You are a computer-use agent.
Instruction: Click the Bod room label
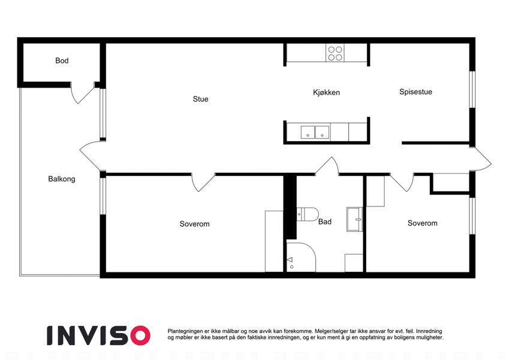[62, 61]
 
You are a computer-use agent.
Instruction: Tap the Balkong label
[62, 179]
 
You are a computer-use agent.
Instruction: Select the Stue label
[201, 99]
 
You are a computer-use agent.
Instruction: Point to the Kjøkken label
[326, 92]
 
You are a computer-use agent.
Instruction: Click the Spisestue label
[415, 92]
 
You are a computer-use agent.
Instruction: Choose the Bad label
[324, 221]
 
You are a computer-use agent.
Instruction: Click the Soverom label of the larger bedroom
[194, 224]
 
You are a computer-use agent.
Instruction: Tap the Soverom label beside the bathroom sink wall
[422, 223]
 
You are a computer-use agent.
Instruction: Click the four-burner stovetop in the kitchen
[335, 53]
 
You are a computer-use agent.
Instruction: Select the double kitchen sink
[315, 133]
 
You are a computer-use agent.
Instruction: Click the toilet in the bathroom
[307, 214]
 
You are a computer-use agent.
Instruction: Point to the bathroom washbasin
[354, 220]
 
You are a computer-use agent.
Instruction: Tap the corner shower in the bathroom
[301, 257]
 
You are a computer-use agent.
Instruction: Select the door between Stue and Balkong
[91, 155]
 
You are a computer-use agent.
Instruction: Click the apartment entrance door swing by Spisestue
[481, 159]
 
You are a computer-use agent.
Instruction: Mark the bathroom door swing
[327, 166]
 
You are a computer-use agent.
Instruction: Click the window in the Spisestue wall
[472, 89]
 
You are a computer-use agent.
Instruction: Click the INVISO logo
[98, 335]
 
